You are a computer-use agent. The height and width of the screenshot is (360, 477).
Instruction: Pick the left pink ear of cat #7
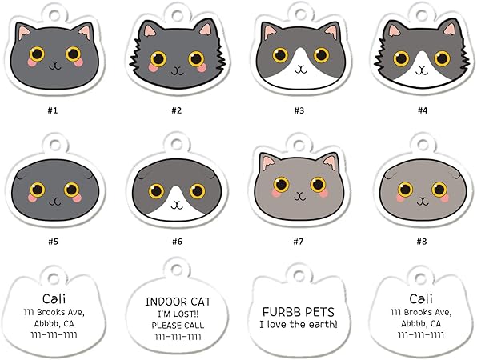(267, 163)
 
